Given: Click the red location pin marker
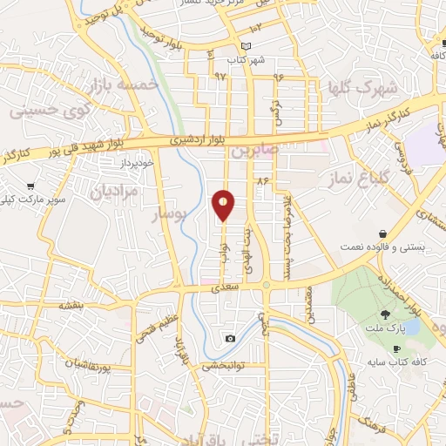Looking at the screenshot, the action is (x=223, y=204).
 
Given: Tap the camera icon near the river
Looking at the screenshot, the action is (x=229, y=338).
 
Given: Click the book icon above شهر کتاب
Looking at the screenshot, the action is (x=246, y=46).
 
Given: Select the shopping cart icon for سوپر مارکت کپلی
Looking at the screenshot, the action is (x=31, y=186).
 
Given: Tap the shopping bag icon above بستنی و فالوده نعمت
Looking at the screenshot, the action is (x=384, y=233).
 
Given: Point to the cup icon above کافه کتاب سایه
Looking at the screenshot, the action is (x=397, y=348).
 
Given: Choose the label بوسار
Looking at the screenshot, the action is (x=163, y=214).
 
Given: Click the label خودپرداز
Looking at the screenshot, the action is (x=138, y=163).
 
